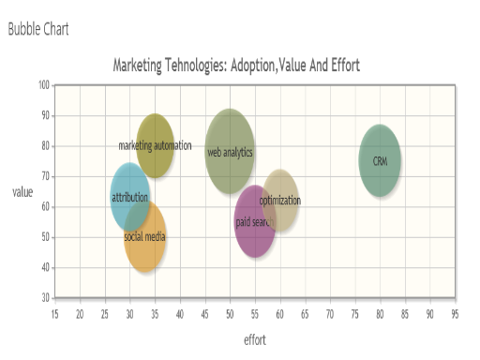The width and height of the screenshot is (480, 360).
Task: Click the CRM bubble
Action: click(380, 161)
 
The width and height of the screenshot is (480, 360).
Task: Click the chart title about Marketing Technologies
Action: click(236, 66)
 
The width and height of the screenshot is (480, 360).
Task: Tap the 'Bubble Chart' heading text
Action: click(38, 29)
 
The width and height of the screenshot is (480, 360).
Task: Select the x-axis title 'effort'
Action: click(254, 340)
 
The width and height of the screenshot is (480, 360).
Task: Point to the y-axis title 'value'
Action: click(22, 192)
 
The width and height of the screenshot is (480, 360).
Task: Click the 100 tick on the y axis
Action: click(44, 85)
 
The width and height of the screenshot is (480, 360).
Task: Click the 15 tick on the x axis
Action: click(55, 312)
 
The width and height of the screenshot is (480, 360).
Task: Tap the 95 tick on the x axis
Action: click(455, 312)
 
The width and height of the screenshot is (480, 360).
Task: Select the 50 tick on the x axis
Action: click(230, 312)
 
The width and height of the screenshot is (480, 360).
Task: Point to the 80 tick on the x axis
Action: click(380, 312)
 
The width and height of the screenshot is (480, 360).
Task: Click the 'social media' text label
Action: click(144, 237)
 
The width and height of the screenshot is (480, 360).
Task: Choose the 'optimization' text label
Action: click(280, 201)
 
